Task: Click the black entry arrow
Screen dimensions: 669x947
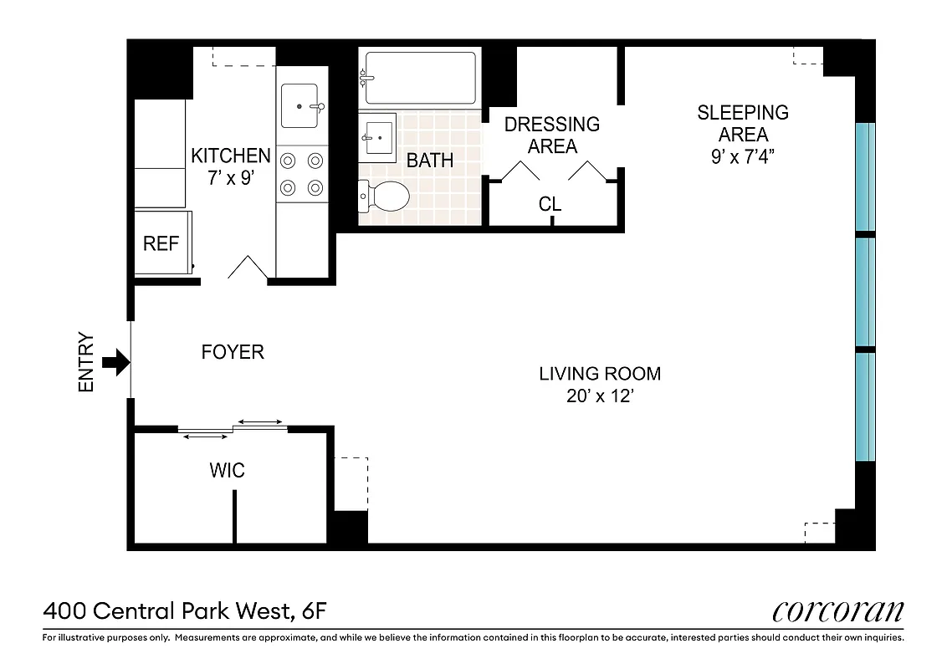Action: (x=115, y=362)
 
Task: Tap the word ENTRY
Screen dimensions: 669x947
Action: (x=87, y=363)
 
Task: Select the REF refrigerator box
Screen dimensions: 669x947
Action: (x=162, y=243)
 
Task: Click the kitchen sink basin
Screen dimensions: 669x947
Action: (x=299, y=106)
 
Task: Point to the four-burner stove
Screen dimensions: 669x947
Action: (x=302, y=173)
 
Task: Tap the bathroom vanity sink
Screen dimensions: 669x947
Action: (x=378, y=136)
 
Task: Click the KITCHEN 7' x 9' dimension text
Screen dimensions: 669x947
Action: (x=231, y=166)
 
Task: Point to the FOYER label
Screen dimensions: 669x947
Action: (x=233, y=352)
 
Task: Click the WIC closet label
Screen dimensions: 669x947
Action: (x=228, y=471)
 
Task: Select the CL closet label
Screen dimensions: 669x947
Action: (x=550, y=204)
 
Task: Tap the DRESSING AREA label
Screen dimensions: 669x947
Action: (x=552, y=135)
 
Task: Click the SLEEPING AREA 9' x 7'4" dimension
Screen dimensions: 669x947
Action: (x=743, y=135)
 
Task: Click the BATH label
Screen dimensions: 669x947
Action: (x=430, y=161)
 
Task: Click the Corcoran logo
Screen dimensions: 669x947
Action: (x=837, y=610)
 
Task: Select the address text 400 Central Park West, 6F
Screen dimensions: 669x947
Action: (x=185, y=611)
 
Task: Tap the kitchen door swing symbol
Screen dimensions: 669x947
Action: (x=248, y=267)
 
